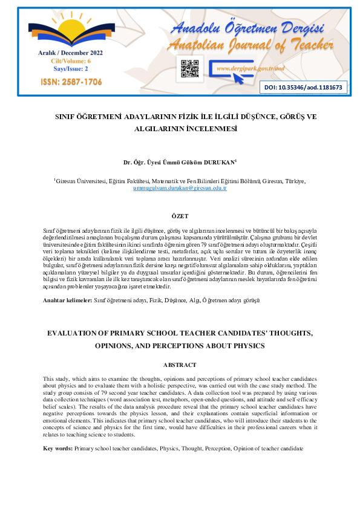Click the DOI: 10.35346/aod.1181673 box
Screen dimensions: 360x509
[x=303, y=88]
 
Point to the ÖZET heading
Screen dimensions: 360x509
[x=180, y=216]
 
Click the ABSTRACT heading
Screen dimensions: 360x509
[x=180, y=365]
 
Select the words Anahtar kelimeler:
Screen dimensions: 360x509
[x=67, y=300]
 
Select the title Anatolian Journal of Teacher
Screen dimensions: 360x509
[x=250, y=45]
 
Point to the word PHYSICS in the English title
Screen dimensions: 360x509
[x=242, y=346]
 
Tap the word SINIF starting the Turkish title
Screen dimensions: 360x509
[x=66, y=116]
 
